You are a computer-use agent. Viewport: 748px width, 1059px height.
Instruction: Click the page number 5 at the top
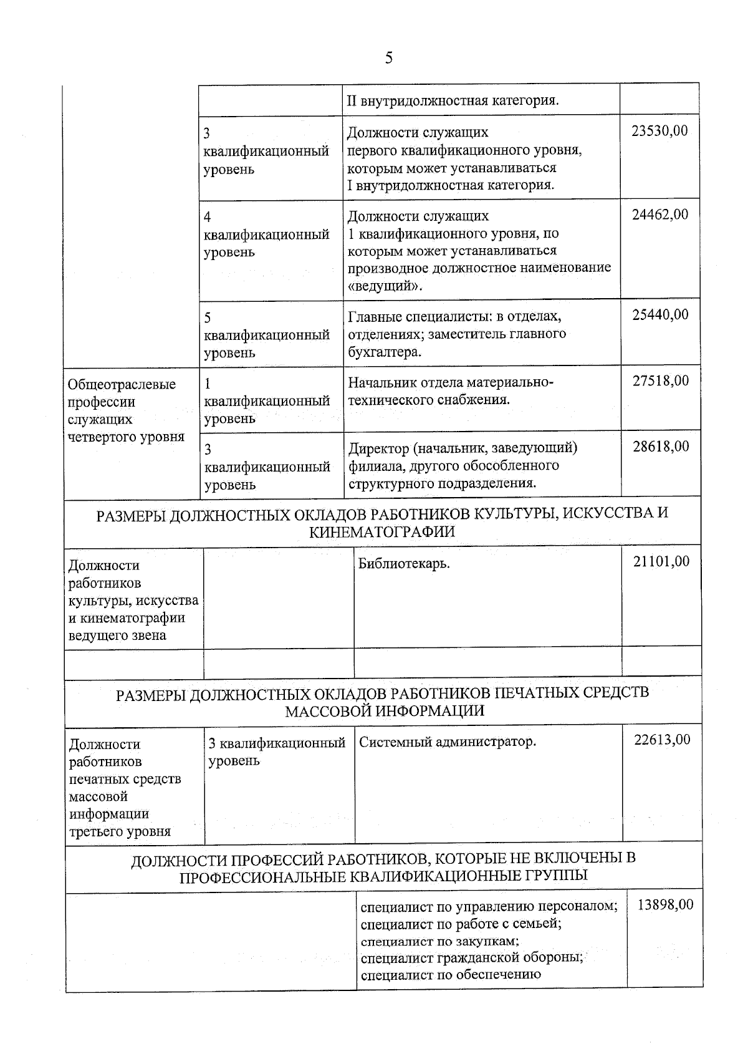coord(389,59)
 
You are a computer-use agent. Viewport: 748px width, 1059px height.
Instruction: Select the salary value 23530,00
coord(659,131)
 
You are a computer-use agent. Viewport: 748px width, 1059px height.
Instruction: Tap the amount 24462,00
coord(659,215)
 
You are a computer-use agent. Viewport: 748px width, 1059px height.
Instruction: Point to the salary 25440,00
coord(660,314)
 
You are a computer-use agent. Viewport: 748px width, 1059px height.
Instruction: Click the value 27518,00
coord(661,380)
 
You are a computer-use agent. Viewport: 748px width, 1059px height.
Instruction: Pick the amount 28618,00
coord(661,446)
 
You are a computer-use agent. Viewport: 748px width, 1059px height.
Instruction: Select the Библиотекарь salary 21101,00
coord(661,561)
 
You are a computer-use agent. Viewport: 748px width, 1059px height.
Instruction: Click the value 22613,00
coord(662,740)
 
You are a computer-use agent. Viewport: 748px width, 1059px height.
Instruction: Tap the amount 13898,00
coord(665,904)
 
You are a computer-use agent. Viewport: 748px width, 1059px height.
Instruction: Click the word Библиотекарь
coord(404,564)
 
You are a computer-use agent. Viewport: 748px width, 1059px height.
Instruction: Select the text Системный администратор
coord(448,742)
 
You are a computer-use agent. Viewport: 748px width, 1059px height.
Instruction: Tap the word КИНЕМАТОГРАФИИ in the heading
coord(382,531)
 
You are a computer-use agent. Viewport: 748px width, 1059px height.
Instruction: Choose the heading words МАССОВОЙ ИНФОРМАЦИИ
coord(385,711)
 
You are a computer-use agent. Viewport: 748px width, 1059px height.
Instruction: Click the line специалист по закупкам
coord(440,941)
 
